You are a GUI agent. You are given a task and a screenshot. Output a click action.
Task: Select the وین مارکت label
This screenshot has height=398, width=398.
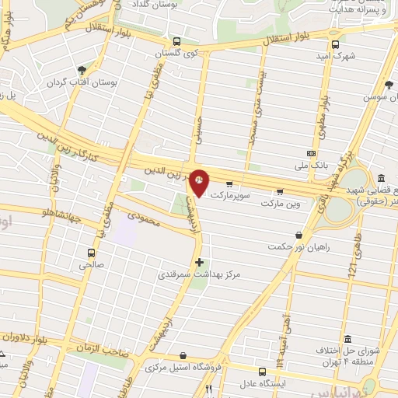coord(279,202)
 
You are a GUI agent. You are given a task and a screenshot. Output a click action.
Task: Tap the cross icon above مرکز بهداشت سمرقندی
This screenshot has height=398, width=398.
coord(200,262)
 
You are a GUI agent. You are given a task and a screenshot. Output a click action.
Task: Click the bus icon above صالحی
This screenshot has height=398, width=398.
coord(92,253)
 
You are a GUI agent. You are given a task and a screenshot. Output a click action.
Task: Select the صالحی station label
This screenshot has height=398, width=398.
coord(91,264)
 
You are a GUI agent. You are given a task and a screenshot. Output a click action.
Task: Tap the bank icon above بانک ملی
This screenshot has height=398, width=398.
coord(312,154)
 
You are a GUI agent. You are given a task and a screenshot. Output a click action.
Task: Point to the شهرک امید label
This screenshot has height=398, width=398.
coord(335,56)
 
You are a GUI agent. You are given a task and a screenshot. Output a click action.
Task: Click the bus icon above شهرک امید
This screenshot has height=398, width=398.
coord(335,44)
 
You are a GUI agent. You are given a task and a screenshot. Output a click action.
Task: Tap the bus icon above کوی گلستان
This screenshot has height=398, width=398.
coord(176,42)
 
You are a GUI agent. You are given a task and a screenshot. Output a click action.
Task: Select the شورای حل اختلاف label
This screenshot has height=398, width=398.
coord(347,352)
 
